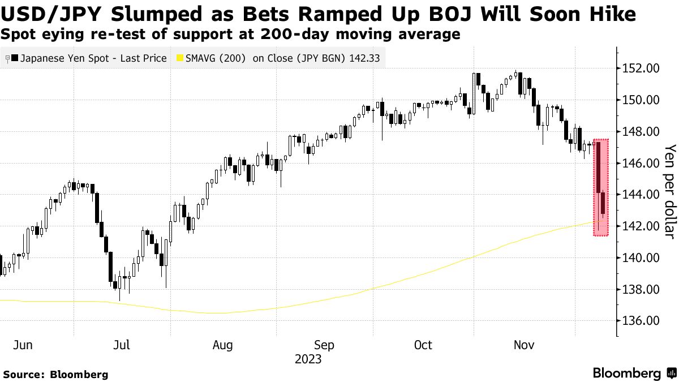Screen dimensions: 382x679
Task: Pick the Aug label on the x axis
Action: pos(223,345)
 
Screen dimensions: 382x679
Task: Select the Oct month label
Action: pos(423,345)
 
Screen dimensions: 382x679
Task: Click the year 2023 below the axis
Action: pos(308,359)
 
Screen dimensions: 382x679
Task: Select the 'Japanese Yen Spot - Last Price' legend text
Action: pos(93,58)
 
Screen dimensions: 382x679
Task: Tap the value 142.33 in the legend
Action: pos(366,58)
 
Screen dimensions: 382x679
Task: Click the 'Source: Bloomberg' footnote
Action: pos(55,374)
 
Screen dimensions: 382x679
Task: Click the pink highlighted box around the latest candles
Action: pos(601,187)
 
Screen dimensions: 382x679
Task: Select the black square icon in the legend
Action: pos(14,58)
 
